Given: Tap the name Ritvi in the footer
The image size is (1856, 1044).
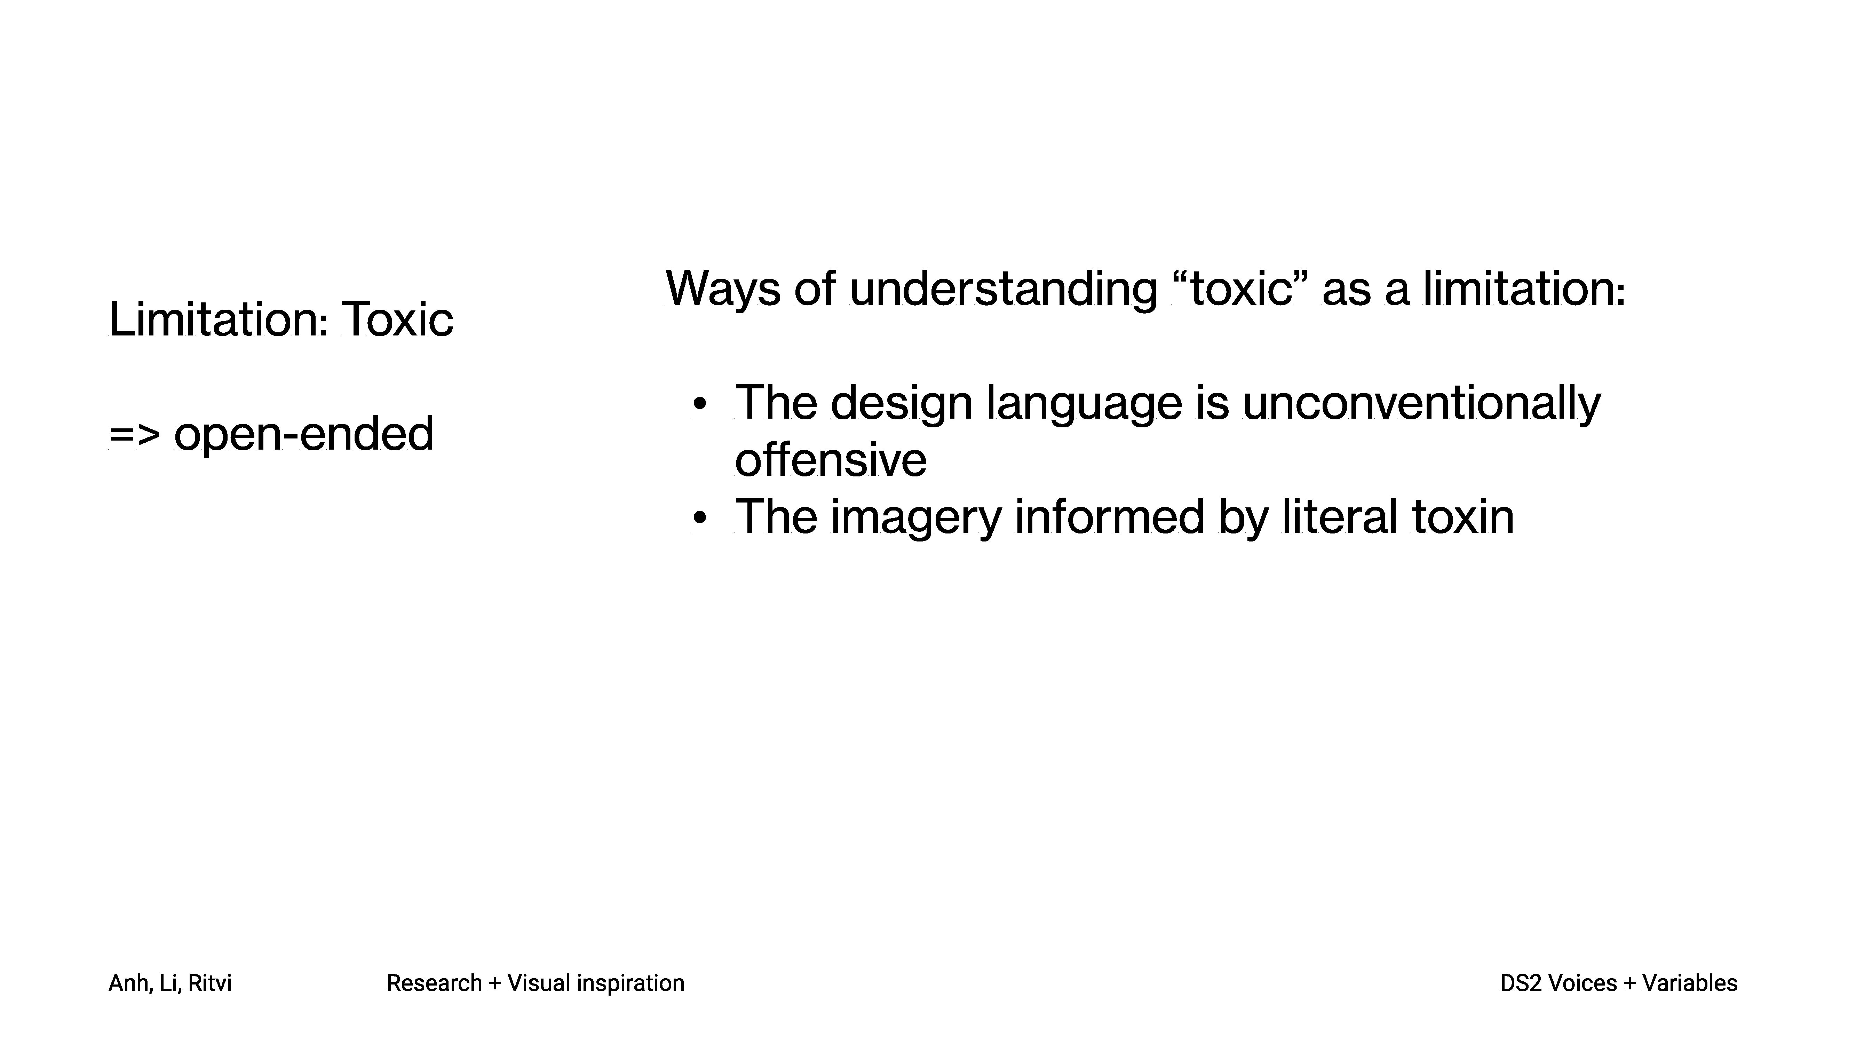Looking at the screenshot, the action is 210,983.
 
